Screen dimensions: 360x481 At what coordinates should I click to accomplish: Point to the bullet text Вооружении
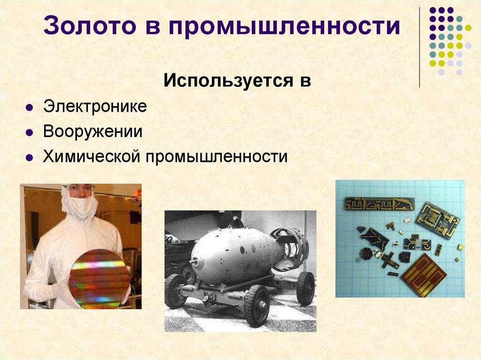93,131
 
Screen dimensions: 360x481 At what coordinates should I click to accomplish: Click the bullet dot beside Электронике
29,107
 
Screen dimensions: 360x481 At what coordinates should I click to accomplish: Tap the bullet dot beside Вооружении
29,132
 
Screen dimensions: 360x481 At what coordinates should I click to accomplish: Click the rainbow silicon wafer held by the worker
99,279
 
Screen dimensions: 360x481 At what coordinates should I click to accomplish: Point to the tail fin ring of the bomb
291,249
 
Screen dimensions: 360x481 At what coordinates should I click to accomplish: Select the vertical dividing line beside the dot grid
419,47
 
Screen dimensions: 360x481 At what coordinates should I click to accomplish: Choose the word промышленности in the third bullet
216,156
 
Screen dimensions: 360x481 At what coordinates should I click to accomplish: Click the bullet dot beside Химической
29,158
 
